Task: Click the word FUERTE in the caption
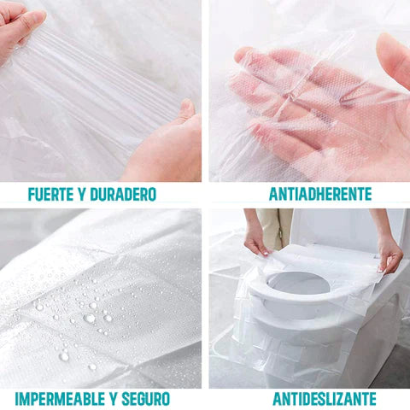point(50,195)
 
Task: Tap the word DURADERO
point(123,195)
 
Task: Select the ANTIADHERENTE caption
point(320,194)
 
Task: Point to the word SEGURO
point(146,399)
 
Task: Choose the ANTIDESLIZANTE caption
point(325,398)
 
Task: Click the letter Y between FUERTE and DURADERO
point(81,195)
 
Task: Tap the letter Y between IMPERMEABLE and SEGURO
point(114,399)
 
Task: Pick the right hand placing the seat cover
point(389,255)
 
